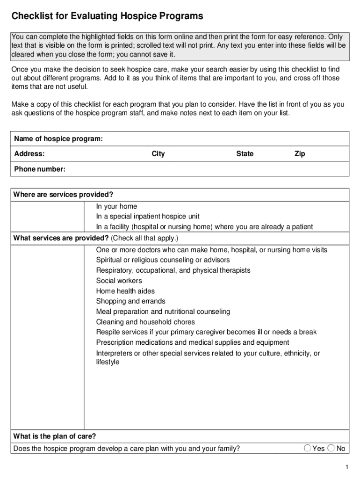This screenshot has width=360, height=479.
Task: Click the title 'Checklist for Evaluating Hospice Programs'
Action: [107, 16]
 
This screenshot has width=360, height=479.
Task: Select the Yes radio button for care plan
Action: [308, 448]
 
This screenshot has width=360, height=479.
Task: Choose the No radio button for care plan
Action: [331, 448]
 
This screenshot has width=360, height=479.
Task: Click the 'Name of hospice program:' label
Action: [58, 139]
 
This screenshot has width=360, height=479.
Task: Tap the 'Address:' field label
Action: [29, 154]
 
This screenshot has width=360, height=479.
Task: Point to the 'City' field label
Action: [158, 154]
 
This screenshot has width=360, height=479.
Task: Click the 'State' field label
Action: [245, 154]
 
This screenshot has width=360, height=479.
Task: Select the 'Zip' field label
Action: [300, 154]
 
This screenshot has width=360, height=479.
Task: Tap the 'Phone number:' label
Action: [40, 169]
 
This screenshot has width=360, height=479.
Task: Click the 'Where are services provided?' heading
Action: [64, 195]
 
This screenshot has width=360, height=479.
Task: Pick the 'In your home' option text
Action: [116, 206]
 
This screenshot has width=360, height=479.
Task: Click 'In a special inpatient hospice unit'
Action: [148, 217]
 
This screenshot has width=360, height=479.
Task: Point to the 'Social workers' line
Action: [119, 281]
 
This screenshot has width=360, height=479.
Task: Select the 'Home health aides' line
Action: [125, 291]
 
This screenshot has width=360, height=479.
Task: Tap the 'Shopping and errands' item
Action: [130, 301]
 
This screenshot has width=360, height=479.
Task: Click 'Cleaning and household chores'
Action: [145, 322]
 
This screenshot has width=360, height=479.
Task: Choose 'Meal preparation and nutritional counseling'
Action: [163, 312]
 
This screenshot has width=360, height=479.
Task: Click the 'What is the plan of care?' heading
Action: [55, 436]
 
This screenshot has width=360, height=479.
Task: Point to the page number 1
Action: [346, 468]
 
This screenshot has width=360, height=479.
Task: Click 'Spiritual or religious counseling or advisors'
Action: [163, 260]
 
